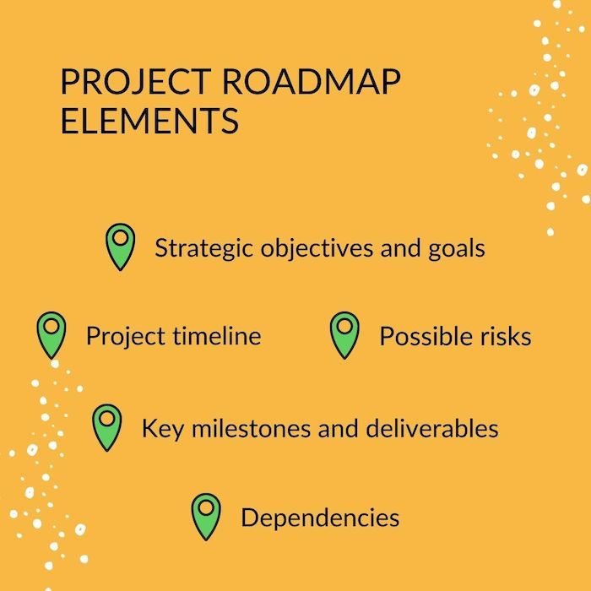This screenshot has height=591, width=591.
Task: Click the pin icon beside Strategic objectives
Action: (x=121, y=245)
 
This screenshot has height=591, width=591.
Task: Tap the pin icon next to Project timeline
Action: (x=52, y=333)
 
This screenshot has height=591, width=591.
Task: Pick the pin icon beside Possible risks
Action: (x=344, y=333)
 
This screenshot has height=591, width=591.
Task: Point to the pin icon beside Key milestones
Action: (x=106, y=425)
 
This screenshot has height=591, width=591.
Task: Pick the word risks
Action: (x=506, y=336)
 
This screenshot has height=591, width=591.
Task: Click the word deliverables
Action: (x=434, y=427)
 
